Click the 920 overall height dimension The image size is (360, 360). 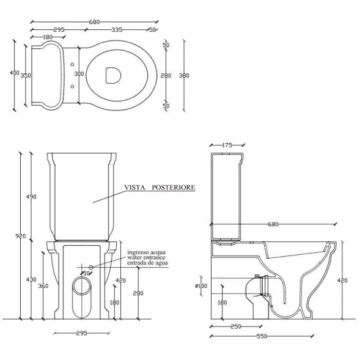21,236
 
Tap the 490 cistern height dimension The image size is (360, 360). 31,197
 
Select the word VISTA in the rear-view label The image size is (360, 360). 134,188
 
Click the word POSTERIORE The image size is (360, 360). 174,188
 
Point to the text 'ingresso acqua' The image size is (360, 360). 147,252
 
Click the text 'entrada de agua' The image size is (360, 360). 148,263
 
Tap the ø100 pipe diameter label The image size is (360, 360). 201,286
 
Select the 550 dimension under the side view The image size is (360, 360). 262,336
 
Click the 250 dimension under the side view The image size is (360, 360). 236,326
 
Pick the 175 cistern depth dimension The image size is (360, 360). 227,145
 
